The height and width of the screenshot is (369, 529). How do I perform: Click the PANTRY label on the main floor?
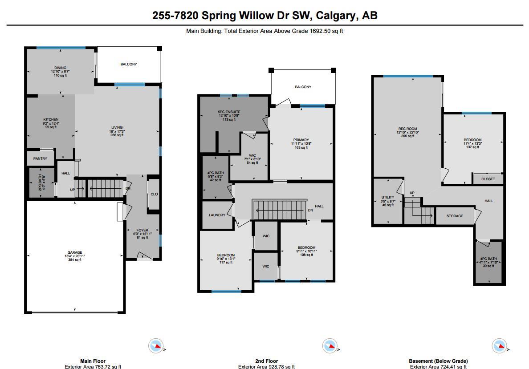coord(40,158)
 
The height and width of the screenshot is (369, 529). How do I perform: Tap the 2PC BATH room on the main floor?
coord(41,182)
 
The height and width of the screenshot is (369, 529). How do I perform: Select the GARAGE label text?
coord(74,252)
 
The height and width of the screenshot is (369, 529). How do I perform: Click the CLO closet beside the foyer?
coord(154,194)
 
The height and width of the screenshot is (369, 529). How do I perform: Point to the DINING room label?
coord(61,68)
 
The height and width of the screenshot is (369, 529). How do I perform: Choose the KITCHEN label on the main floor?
coord(51,119)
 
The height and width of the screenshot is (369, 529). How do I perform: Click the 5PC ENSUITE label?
coord(229,112)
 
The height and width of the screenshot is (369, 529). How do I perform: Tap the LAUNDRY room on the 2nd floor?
coord(217,215)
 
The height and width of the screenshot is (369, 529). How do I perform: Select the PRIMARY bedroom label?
coord(301,140)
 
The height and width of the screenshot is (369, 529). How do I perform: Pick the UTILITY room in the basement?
coord(388,201)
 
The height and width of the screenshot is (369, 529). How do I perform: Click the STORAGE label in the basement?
coord(455,216)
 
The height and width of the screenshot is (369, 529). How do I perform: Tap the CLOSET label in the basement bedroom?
coord(488,179)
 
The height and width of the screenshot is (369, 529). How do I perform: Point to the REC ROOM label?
coord(407,129)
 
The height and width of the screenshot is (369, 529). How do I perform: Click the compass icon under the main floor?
coord(156,346)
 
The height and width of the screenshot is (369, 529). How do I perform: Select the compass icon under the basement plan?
coord(500,346)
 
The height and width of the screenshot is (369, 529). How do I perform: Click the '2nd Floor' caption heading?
coord(267,361)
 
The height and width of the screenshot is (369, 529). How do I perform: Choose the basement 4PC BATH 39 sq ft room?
coord(488,263)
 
